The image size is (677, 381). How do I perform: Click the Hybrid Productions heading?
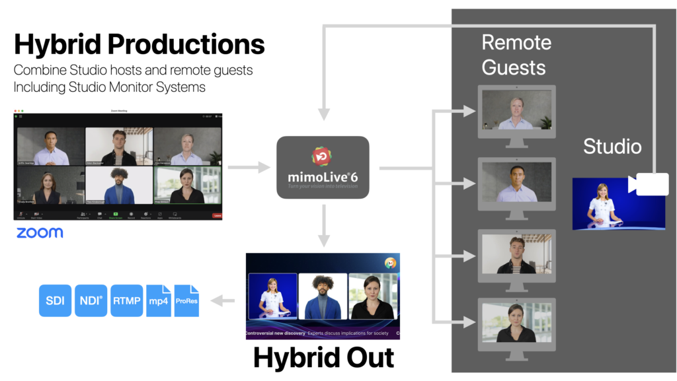[x=139, y=44]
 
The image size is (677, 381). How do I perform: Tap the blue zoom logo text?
[x=40, y=232]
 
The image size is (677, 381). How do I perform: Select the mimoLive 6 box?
[x=322, y=167]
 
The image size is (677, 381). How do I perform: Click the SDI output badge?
[x=55, y=300]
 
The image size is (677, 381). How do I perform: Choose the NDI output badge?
[x=91, y=300]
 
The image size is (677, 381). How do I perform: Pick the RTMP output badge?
[x=126, y=300]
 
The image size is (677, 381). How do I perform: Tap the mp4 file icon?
[x=158, y=300]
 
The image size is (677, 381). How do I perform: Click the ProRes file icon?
[x=186, y=300]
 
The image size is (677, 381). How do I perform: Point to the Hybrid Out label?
[x=323, y=357]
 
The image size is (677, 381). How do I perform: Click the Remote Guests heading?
[x=516, y=55]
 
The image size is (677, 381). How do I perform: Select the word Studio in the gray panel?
[x=612, y=146]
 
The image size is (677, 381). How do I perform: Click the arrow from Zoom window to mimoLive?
[x=248, y=168]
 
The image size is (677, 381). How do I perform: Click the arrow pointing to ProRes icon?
[x=225, y=301]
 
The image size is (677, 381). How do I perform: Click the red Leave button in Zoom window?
[x=217, y=215]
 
